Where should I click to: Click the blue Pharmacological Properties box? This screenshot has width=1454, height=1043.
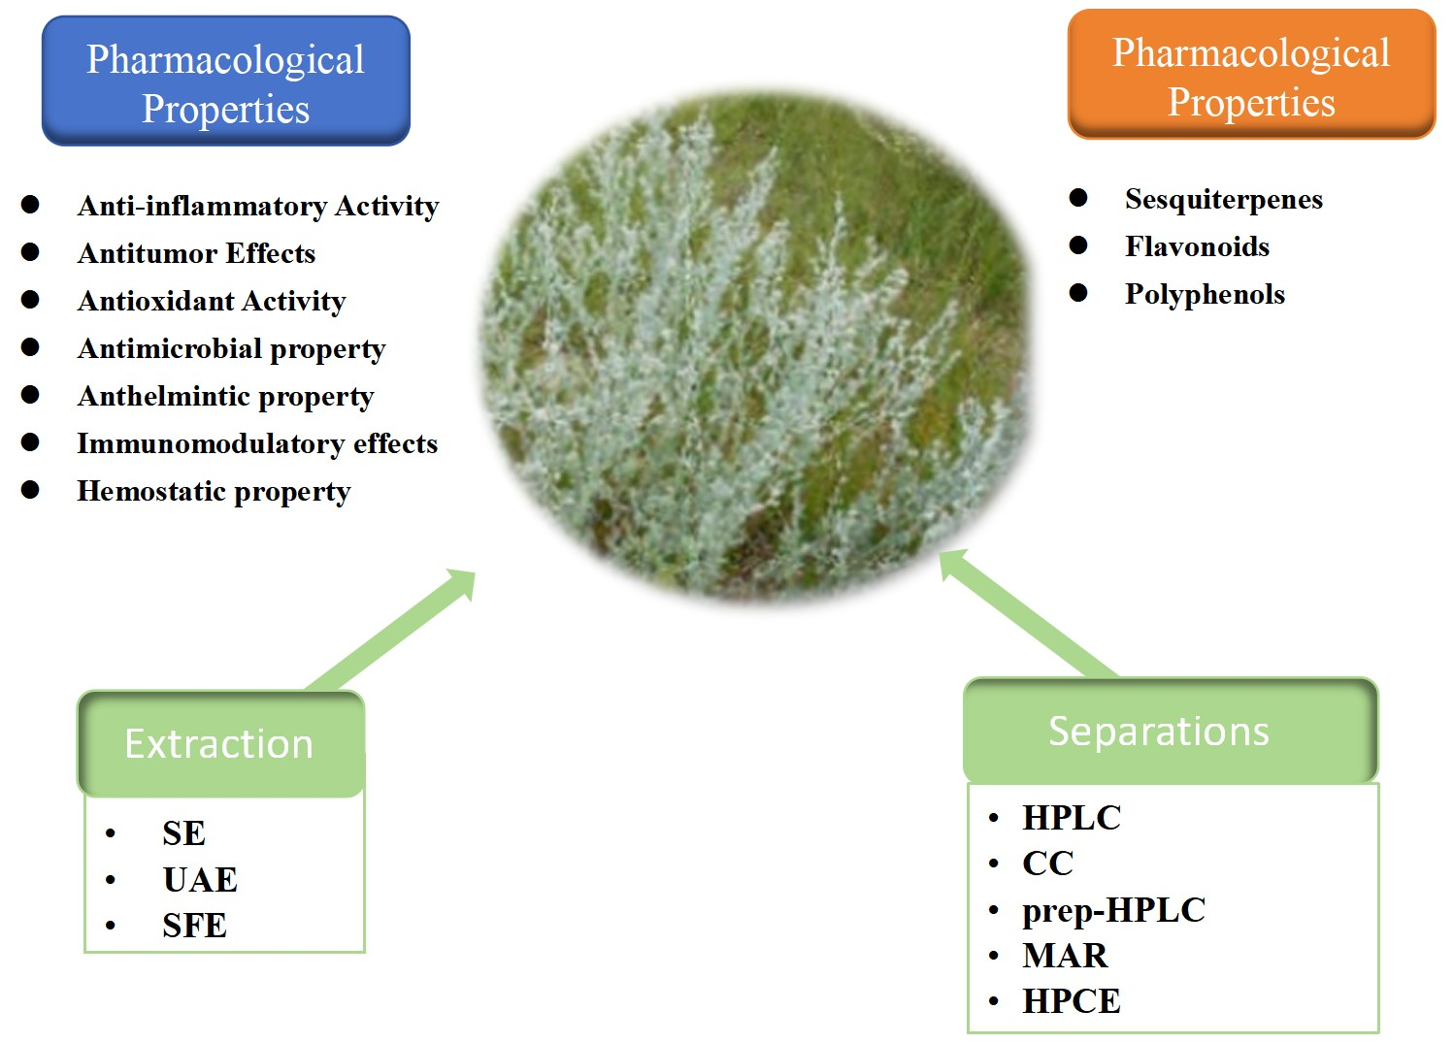click(225, 82)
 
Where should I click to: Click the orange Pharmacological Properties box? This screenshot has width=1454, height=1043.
click(1250, 76)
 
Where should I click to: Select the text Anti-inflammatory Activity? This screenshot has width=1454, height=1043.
click(257, 206)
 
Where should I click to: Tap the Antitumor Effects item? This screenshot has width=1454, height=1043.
click(196, 253)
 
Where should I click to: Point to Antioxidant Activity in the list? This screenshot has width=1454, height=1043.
click(211, 301)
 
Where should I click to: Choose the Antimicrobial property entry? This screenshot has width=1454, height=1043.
click(231, 348)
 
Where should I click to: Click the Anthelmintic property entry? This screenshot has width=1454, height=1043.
click(225, 396)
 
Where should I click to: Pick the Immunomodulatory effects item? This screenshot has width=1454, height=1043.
click(257, 443)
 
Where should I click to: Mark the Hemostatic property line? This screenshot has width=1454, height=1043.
click(214, 491)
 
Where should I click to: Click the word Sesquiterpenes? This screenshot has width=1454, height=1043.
click(1223, 199)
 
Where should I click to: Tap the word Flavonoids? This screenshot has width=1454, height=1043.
click(1197, 246)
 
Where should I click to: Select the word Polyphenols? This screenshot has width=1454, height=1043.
click(1205, 294)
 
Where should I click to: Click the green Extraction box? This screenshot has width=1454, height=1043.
click(220, 744)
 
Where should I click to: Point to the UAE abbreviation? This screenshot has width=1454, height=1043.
click(200, 880)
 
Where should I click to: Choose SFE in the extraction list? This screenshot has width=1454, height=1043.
click(194, 926)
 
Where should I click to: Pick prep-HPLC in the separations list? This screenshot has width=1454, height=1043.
click(1113, 910)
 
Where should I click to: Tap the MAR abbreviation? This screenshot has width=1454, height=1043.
click(1065, 956)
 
